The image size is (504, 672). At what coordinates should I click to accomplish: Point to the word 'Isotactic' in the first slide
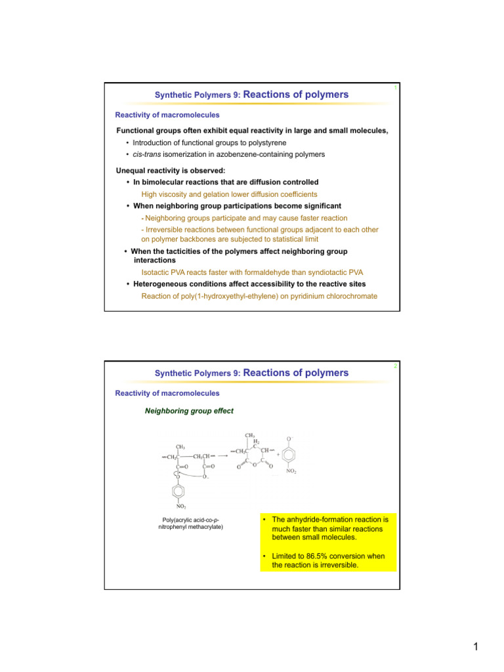(x=157, y=272)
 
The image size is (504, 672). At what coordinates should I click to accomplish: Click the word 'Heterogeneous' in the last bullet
(x=164, y=283)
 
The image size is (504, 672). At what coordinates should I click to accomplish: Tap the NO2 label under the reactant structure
(x=180, y=506)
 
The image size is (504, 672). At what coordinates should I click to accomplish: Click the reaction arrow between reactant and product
(x=223, y=456)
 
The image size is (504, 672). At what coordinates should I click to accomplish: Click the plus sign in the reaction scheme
(x=278, y=453)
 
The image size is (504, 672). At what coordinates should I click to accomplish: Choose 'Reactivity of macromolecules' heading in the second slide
(x=167, y=393)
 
